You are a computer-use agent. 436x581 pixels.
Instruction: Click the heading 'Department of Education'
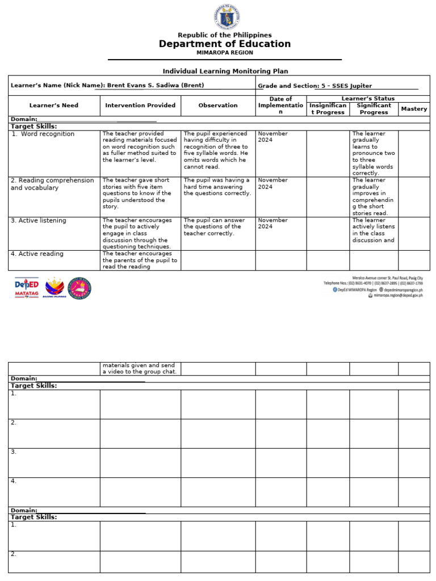(225, 44)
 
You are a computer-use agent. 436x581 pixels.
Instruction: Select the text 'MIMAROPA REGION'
(225, 53)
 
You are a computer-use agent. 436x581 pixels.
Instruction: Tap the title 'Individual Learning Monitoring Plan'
(225, 71)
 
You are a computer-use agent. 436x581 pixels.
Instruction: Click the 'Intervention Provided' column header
(140, 106)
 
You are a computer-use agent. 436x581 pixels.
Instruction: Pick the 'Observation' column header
(218, 106)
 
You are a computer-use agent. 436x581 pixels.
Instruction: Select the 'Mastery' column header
(414, 109)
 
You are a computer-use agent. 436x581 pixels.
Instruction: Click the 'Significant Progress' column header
(374, 109)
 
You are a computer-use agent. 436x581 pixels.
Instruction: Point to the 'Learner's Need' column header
(54, 106)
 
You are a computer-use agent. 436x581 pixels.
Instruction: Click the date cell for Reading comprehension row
(273, 183)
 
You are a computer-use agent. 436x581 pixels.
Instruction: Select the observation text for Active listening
(215, 226)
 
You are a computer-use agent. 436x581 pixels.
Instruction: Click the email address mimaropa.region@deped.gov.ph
(397, 296)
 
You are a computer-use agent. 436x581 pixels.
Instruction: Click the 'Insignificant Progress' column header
(328, 109)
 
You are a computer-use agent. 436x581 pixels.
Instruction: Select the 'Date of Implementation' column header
(280, 106)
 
